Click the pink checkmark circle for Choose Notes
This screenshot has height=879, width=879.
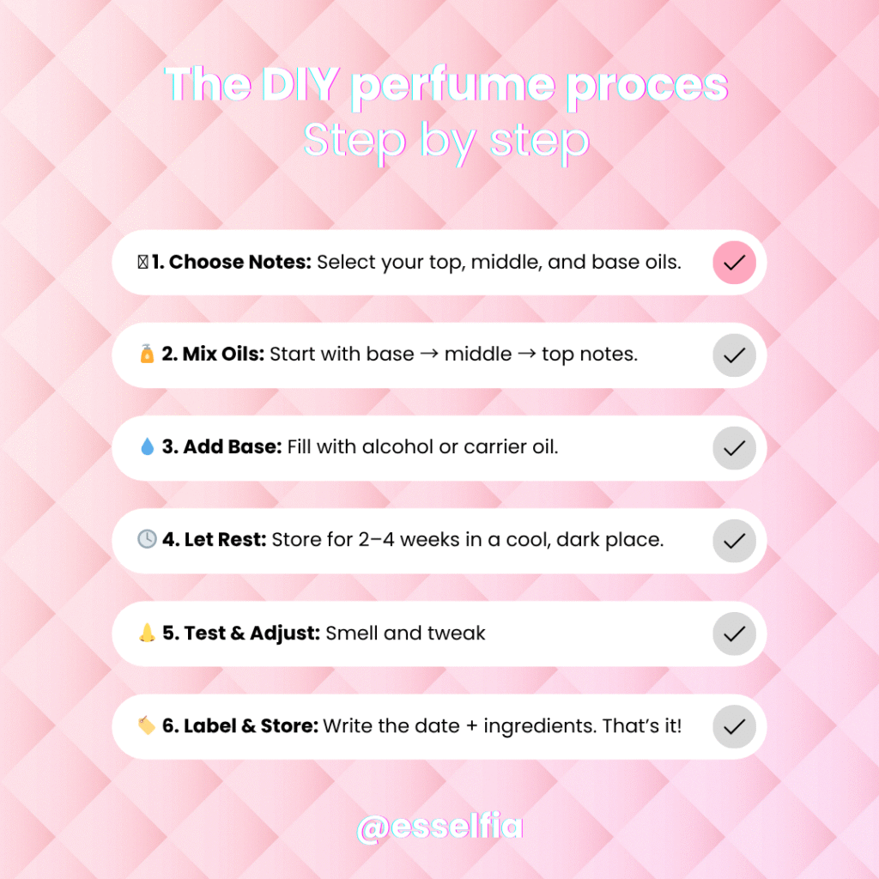(734, 263)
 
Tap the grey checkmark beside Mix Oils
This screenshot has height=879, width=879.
(734, 355)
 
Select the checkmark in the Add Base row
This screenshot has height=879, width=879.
(734, 448)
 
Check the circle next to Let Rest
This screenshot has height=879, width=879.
(734, 541)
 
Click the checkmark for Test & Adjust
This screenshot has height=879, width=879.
(734, 634)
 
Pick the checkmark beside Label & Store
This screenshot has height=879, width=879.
(734, 726)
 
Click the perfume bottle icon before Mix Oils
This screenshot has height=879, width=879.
(147, 354)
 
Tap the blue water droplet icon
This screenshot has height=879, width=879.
(147, 446)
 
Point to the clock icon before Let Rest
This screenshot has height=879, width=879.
(147, 539)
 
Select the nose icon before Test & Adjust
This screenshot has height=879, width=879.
(147, 633)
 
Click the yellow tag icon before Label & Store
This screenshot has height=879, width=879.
(147, 724)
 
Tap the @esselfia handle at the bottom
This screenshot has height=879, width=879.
(440, 827)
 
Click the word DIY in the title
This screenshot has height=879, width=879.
(300, 85)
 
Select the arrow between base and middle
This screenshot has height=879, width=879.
(429, 355)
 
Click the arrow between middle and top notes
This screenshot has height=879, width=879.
(526, 355)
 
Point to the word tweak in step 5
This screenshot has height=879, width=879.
(456, 633)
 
